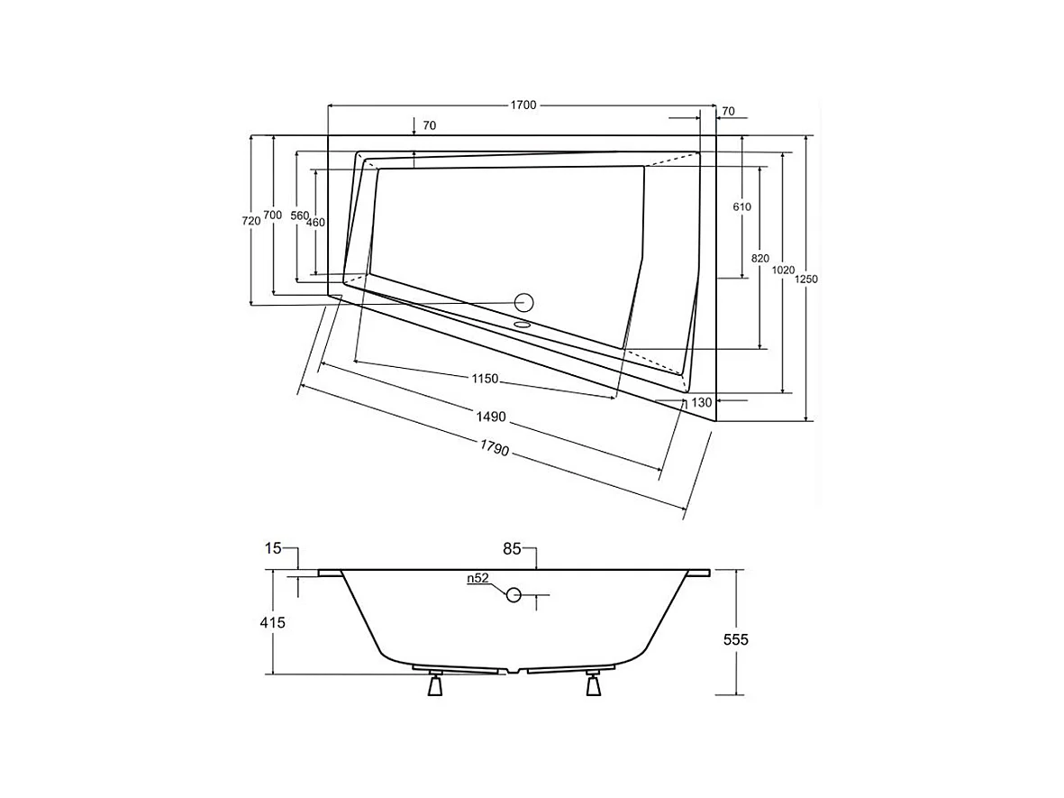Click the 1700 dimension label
coord(523,105)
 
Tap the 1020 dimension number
coord(784,270)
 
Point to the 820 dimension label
coord(760,259)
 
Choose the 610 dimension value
coord(741,206)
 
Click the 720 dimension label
coord(251,221)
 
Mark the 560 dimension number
coord(300,216)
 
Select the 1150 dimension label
coord(485,379)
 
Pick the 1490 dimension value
coord(491,417)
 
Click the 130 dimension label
coord(703,402)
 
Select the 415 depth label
coord(271,622)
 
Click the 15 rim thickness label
coord(274,547)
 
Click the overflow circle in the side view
coord(514,594)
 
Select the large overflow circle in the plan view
coord(523,302)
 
